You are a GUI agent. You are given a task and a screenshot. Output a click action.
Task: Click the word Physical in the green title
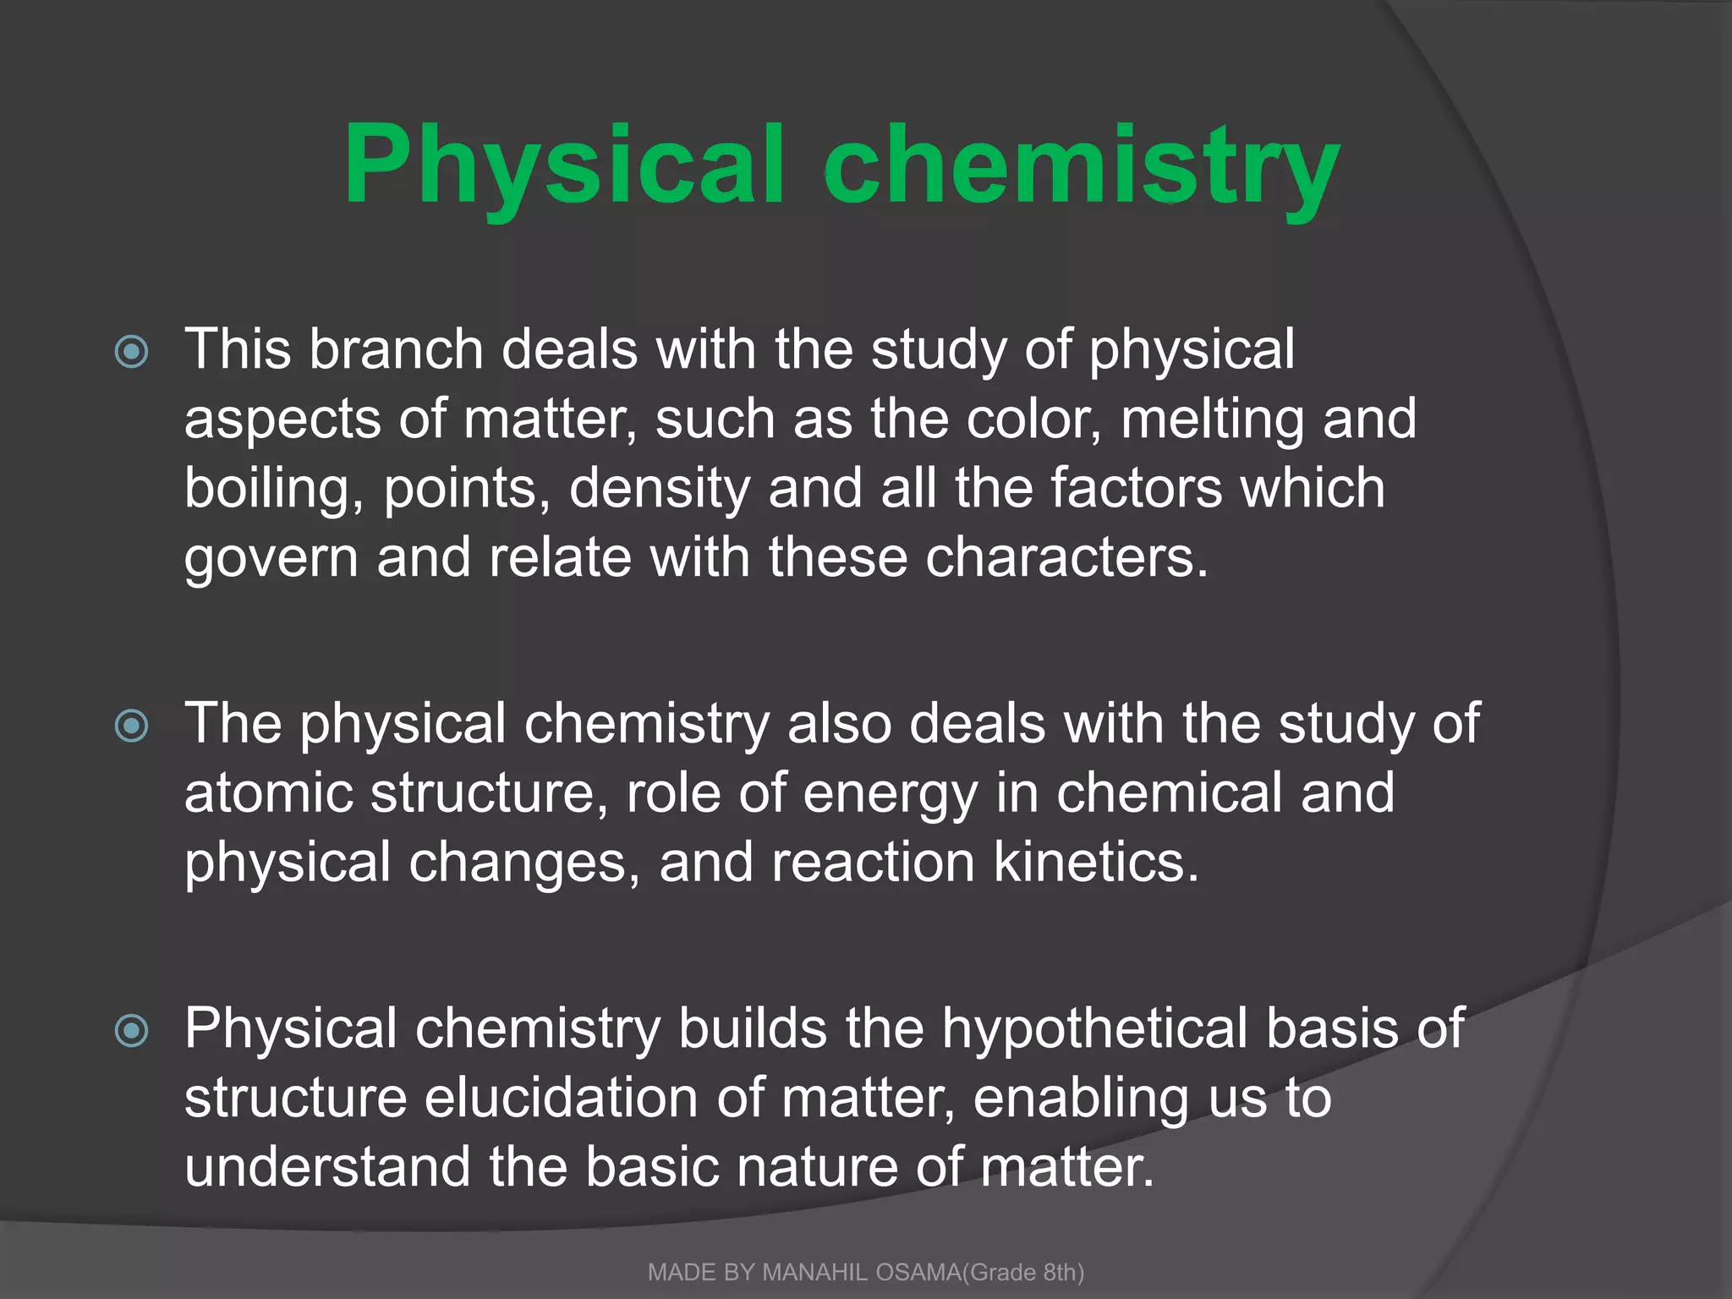(x=563, y=166)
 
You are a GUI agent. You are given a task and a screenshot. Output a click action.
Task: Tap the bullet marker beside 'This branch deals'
(x=132, y=352)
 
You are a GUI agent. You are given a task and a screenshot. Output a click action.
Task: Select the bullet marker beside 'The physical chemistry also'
(x=132, y=726)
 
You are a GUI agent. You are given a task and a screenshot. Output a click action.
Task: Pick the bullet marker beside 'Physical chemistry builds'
(x=132, y=1030)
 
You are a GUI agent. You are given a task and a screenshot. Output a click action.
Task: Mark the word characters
(x=1066, y=558)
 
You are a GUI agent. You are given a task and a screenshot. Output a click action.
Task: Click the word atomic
(x=268, y=793)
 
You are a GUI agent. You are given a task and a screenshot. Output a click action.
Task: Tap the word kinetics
(x=1096, y=863)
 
